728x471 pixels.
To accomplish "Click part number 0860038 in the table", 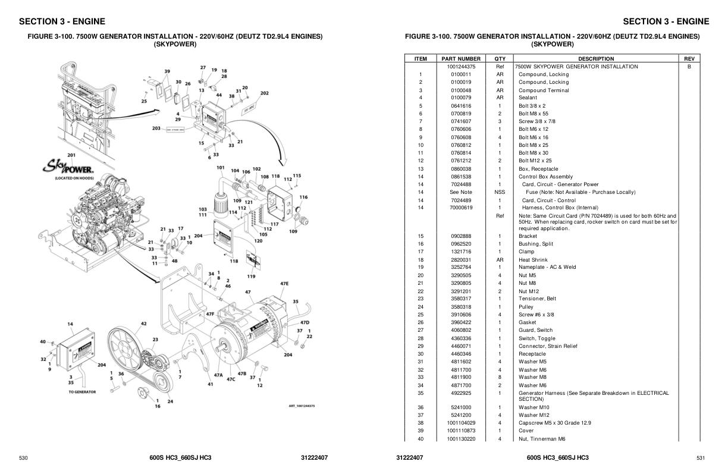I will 461,169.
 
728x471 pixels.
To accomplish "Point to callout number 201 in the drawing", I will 71,155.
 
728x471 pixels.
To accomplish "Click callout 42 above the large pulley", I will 143,324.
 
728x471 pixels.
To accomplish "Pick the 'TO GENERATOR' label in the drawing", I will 81,392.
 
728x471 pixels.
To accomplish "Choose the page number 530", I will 24,458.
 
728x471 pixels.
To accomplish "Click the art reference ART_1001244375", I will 302,406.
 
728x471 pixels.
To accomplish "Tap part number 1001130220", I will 461,439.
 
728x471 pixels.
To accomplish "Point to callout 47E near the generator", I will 284,284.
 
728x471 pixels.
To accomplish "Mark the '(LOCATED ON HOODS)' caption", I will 71,178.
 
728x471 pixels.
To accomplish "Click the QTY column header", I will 500,59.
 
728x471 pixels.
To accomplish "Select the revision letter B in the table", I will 689,67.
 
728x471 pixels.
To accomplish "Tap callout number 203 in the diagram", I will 156,128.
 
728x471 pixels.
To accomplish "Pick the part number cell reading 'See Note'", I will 461,192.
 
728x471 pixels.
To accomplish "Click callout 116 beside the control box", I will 303,197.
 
